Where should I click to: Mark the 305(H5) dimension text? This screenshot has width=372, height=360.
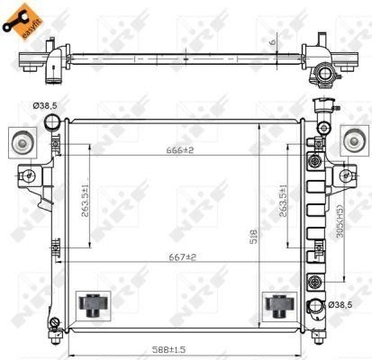pos(339,220)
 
